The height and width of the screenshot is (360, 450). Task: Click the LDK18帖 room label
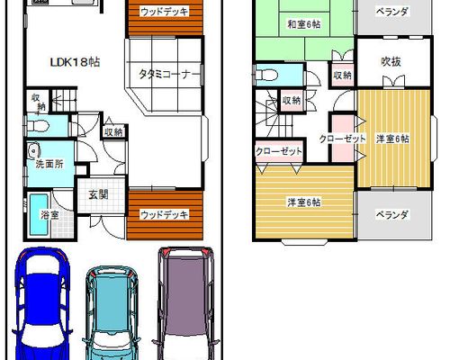pyautogui.click(x=75, y=62)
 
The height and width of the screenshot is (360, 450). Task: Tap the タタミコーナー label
pyautogui.click(x=169, y=74)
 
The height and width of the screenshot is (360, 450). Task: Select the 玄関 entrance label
pyautogui.click(x=98, y=195)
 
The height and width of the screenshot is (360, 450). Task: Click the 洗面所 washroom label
pyautogui.click(x=49, y=164)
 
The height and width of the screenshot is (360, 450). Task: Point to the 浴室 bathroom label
pyautogui.click(x=49, y=215)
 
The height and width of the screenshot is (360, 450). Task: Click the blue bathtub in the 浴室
pyautogui.click(x=39, y=215)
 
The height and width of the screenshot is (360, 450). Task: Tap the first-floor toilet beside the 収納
pyautogui.click(x=39, y=126)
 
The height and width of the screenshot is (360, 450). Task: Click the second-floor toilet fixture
pyautogui.click(x=266, y=75)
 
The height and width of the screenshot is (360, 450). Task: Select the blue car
pyautogui.click(x=41, y=303)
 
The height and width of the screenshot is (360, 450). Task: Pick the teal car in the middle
pyautogui.click(x=112, y=312)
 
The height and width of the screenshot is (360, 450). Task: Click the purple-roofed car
pyautogui.click(x=186, y=303)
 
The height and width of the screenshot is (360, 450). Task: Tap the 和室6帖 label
pyautogui.click(x=304, y=24)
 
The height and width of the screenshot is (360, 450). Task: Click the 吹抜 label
pyautogui.click(x=391, y=61)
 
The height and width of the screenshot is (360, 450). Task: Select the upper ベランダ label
pyautogui.click(x=392, y=12)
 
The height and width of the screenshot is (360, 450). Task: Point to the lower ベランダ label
pyautogui.click(x=392, y=215)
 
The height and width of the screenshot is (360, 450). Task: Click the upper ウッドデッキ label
pyautogui.click(x=165, y=12)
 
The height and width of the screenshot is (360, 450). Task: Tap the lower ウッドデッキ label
pyautogui.click(x=165, y=215)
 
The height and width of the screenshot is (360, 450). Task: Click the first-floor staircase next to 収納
pyautogui.click(x=64, y=100)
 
